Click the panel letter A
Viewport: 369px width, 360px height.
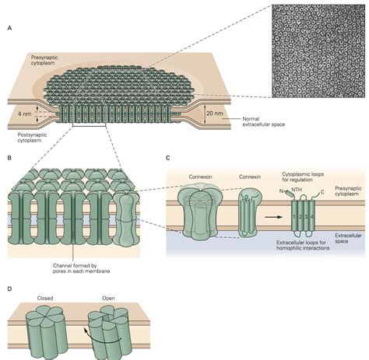coord(9,29)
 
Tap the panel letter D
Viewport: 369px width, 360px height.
coord(9,288)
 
